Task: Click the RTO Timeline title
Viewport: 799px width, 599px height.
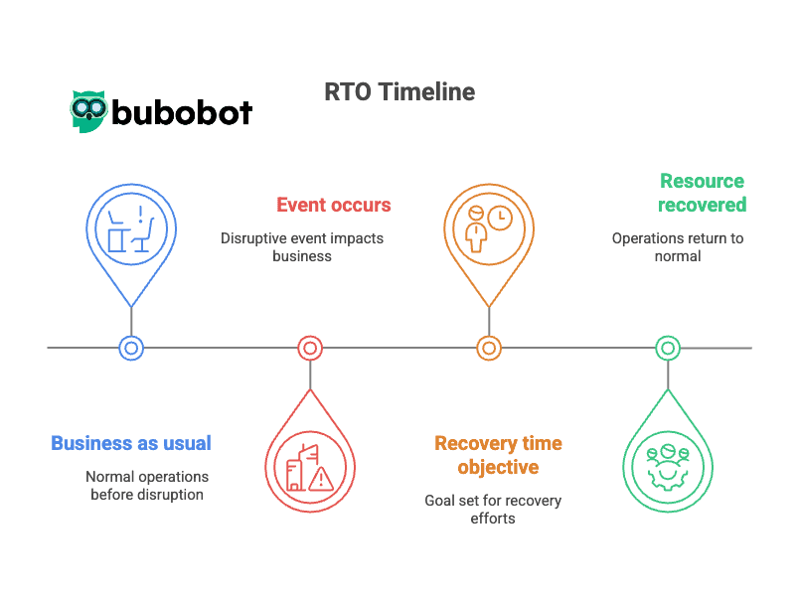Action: [399, 92]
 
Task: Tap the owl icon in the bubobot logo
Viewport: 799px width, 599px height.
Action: [88, 111]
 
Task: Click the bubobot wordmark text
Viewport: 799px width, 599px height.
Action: [181, 112]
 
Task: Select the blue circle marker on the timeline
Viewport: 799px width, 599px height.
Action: [131, 348]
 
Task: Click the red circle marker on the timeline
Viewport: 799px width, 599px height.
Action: [310, 348]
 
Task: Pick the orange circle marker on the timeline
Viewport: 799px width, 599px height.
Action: [488, 348]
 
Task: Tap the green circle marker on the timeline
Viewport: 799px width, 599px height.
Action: [668, 348]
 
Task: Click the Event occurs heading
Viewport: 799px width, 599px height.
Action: [333, 206]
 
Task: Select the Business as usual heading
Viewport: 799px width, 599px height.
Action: [131, 443]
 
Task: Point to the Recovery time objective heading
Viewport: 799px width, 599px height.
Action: [498, 455]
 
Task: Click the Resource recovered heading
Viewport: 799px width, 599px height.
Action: [702, 193]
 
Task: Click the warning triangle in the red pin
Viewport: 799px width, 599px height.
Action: [320, 481]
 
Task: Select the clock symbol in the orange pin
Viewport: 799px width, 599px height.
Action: [500, 217]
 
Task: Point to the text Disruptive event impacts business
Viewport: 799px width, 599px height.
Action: [301, 247]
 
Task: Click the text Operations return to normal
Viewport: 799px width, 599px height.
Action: [677, 247]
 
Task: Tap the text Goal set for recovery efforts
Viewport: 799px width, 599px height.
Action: [492, 509]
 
